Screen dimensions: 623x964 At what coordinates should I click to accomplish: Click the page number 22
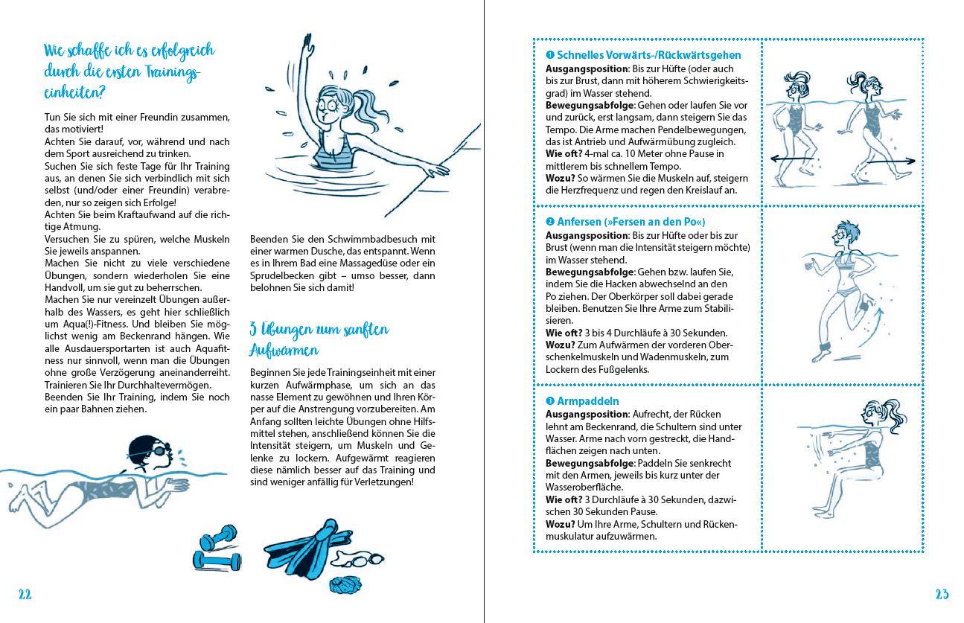click(x=25, y=594)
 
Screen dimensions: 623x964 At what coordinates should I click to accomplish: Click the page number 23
click(x=942, y=594)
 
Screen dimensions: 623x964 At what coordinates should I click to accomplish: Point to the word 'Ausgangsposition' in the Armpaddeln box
click(x=587, y=414)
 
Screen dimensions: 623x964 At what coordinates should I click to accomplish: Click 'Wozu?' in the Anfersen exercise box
click(x=561, y=345)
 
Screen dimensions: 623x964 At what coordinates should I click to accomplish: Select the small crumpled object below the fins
click(x=343, y=584)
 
